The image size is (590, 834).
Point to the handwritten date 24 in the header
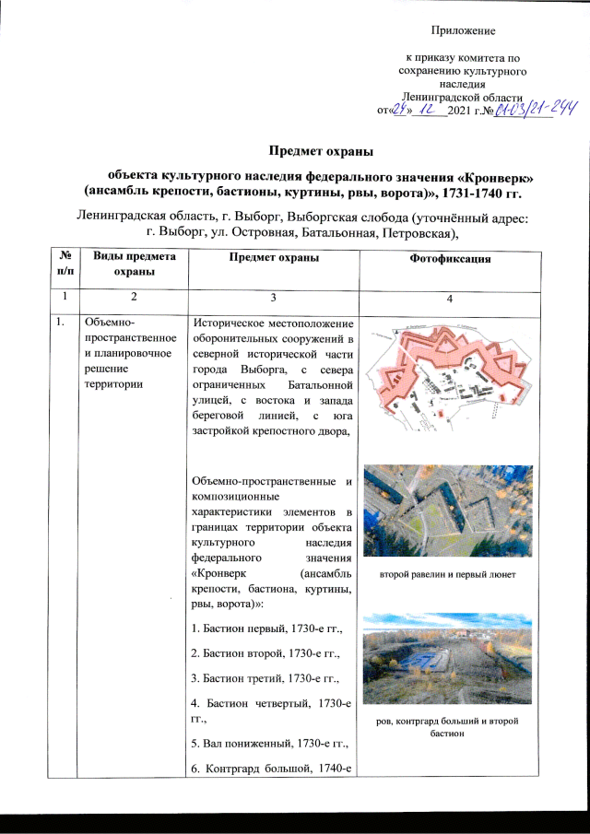399,112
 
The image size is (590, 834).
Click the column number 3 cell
271,298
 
